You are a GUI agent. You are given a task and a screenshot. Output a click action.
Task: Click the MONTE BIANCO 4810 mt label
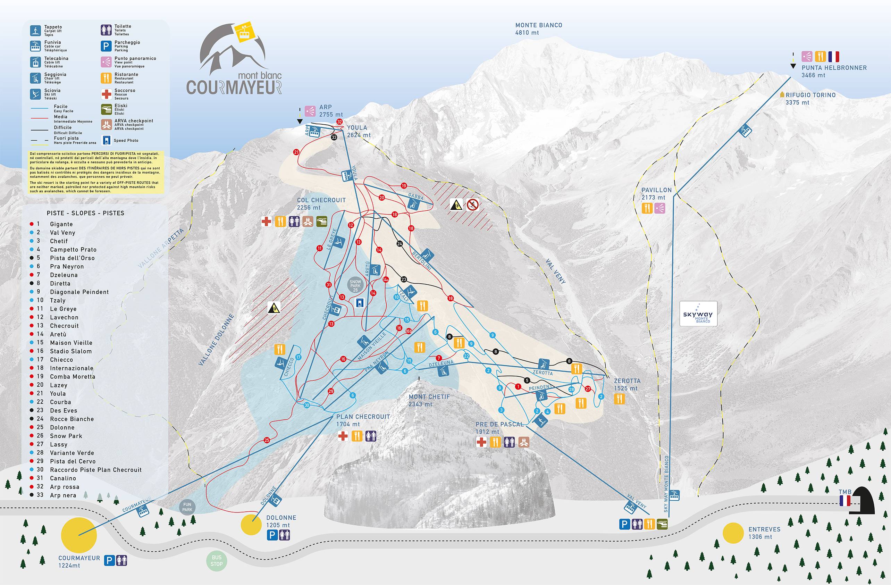pyautogui.click(x=538, y=29)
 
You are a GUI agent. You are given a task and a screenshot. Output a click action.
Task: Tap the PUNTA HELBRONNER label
pyautogui.click(x=834, y=68)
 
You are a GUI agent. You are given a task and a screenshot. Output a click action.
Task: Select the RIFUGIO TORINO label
pyautogui.click(x=810, y=95)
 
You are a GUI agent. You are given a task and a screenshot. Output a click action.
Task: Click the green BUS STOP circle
pyautogui.click(x=216, y=561)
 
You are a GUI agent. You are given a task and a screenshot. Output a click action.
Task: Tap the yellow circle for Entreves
pyautogui.click(x=733, y=533)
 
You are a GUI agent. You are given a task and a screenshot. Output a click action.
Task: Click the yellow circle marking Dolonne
pyautogui.click(x=251, y=524)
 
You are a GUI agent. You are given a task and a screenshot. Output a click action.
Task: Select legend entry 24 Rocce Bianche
pyautogui.click(x=72, y=419)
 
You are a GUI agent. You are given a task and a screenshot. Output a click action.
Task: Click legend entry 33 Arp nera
pyautogui.click(x=63, y=495)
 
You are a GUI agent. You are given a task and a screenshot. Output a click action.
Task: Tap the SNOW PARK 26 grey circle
pyautogui.click(x=355, y=285)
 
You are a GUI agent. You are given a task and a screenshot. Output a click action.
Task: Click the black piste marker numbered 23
pyautogui.click(x=404, y=279)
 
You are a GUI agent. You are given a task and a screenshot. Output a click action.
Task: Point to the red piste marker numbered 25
pyautogui.click(x=267, y=440)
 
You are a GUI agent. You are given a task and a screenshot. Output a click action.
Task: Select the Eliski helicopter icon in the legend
pyautogui.click(x=106, y=109)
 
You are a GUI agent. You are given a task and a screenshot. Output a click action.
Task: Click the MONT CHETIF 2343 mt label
pyautogui.click(x=429, y=400)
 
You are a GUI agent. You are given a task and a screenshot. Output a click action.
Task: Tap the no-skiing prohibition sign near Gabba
pyautogui.click(x=472, y=204)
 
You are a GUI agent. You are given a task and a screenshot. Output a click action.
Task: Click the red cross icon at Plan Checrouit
pyautogui.click(x=343, y=436)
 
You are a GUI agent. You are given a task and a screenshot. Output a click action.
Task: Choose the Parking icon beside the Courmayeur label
pyautogui.click(x=109, y=560)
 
